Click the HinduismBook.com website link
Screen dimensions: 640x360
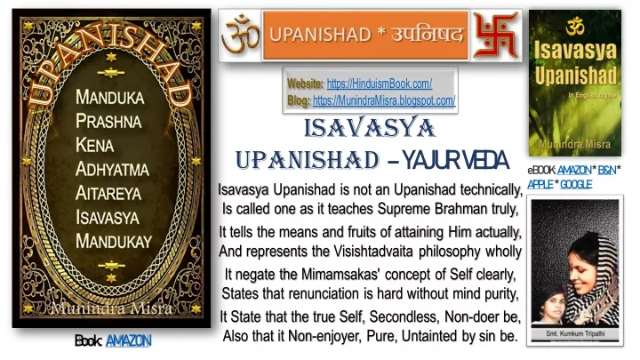[380, 84]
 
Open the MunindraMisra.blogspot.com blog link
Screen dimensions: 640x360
[384, 100]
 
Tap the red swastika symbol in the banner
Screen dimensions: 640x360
[495, 35]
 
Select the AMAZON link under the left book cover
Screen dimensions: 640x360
[129, 340]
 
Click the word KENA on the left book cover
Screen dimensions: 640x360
[95, 145]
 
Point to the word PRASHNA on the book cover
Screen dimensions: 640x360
[108, 121]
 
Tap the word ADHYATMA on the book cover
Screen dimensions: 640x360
[112, 169]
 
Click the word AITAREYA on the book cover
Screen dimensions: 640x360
[108, 193]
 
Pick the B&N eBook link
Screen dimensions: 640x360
[607, 170]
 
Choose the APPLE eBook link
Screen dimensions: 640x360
[540, 185]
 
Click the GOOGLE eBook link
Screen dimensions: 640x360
[576, 185]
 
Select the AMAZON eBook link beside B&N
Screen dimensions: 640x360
[574, 170]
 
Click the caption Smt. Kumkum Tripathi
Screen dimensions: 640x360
[575, 333]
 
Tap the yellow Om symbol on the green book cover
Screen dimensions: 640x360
[575, 26]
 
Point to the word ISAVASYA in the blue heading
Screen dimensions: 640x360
[370, 128]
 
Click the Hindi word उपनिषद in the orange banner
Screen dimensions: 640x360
[428, 35]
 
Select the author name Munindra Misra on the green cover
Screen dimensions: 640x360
[575, 144]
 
